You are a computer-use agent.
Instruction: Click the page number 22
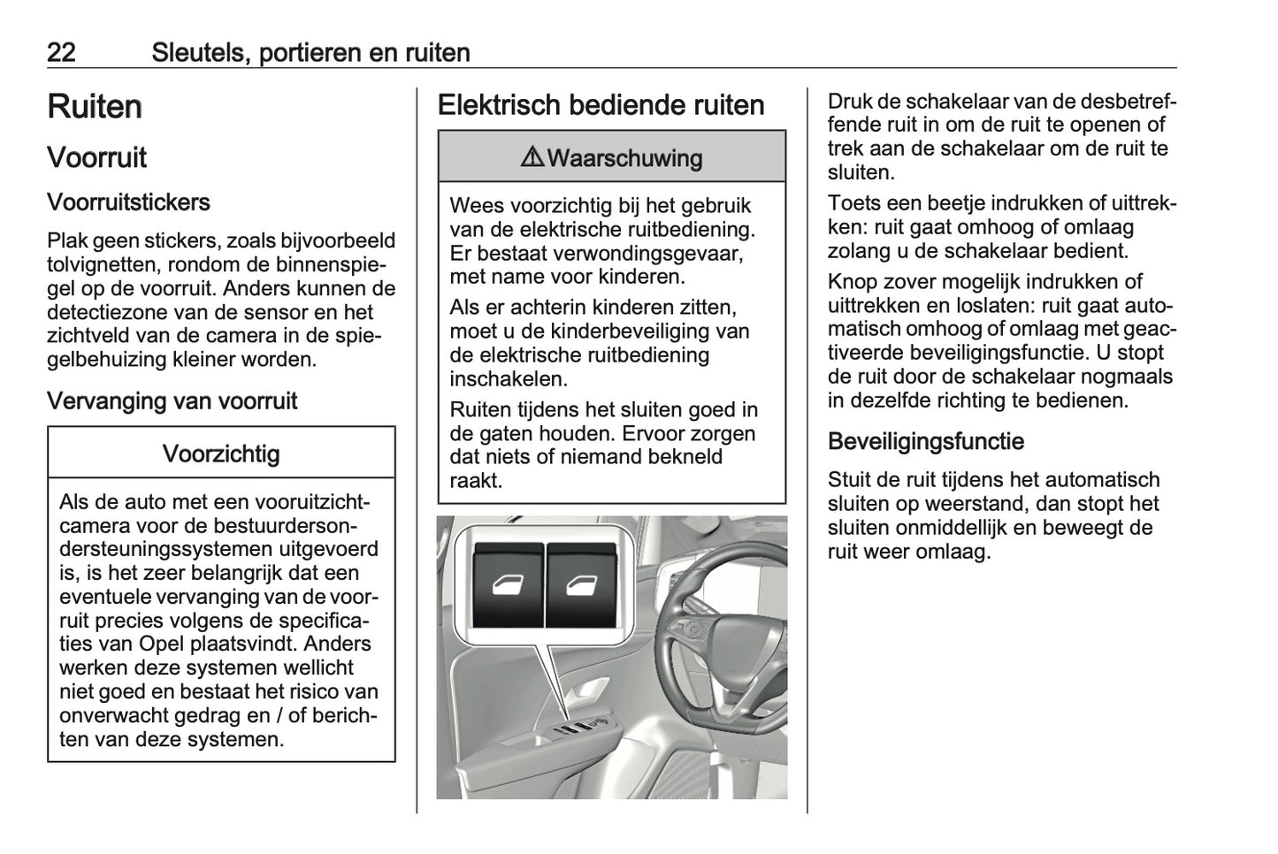[61, 52]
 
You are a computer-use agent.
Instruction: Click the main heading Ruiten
[95, 107]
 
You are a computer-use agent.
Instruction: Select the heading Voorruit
[96, 158]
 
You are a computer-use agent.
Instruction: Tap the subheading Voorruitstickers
[128, 202]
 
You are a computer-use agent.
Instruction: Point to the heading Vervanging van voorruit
[172, 401]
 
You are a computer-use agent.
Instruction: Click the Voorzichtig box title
[221, 454]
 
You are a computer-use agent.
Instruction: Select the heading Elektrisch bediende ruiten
[601, 105]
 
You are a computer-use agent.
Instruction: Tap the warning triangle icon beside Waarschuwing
[532, 157]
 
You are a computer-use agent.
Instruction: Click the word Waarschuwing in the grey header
[624, 158]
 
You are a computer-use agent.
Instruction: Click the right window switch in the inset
[582, 585]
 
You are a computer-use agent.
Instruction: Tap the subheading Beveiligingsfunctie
[925, 441]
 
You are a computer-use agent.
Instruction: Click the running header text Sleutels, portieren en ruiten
[310, 52]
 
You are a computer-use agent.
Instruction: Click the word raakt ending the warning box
[476, 481]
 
